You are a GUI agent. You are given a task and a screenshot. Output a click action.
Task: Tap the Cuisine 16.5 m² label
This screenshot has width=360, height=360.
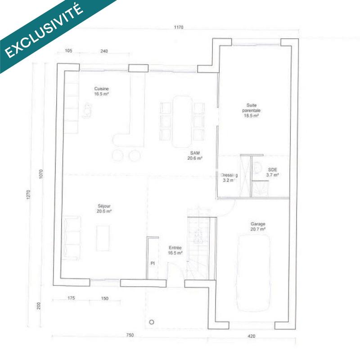pos(101,92)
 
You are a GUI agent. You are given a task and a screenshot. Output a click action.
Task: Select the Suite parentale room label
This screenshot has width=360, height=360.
pos(251,110)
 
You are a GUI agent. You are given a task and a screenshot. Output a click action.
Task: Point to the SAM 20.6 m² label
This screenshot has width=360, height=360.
pos(195,156)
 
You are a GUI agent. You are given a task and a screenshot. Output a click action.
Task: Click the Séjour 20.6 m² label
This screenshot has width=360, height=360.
pos(104,208)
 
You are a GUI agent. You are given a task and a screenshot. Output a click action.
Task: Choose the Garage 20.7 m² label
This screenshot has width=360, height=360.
pos(258,226)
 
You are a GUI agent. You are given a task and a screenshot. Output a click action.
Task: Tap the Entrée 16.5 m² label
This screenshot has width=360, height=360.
pos(175,250)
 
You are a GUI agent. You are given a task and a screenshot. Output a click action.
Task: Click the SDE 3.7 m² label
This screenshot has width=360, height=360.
pos(273,172)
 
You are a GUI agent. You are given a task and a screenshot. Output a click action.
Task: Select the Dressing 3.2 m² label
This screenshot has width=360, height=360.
pos(229,177)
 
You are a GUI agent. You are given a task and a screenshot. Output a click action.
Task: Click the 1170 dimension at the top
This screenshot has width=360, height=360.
pos(179,27)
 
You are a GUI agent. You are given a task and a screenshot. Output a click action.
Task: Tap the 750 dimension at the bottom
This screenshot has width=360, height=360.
pos(130,335)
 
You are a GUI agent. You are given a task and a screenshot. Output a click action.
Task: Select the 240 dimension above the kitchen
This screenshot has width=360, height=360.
pos(104,51)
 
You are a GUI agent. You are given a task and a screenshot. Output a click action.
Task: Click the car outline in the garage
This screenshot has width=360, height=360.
pos(254,273)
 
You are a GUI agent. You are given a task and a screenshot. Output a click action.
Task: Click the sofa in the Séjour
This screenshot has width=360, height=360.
pos(72,237)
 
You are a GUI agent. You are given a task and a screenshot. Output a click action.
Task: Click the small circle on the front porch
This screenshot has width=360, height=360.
pos(152,322)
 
